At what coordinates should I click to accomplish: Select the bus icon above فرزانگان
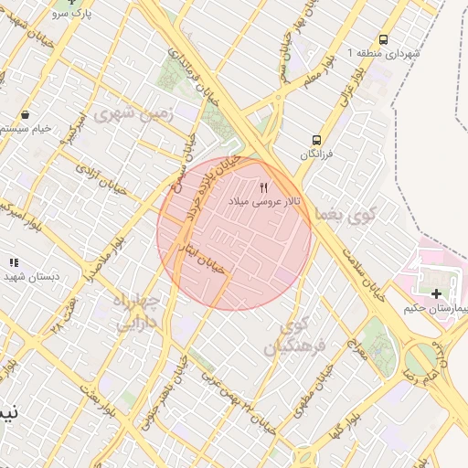[x=316, y=140]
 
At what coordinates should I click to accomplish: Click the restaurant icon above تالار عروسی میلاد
[x=265, y=186]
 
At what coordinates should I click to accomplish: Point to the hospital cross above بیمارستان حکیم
[x=436, y=293]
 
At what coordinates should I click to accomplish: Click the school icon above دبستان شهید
[x=13, y=261]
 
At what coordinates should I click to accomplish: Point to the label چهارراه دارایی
[x=137, y=311]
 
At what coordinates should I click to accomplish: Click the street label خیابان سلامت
[x=366, y=269]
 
